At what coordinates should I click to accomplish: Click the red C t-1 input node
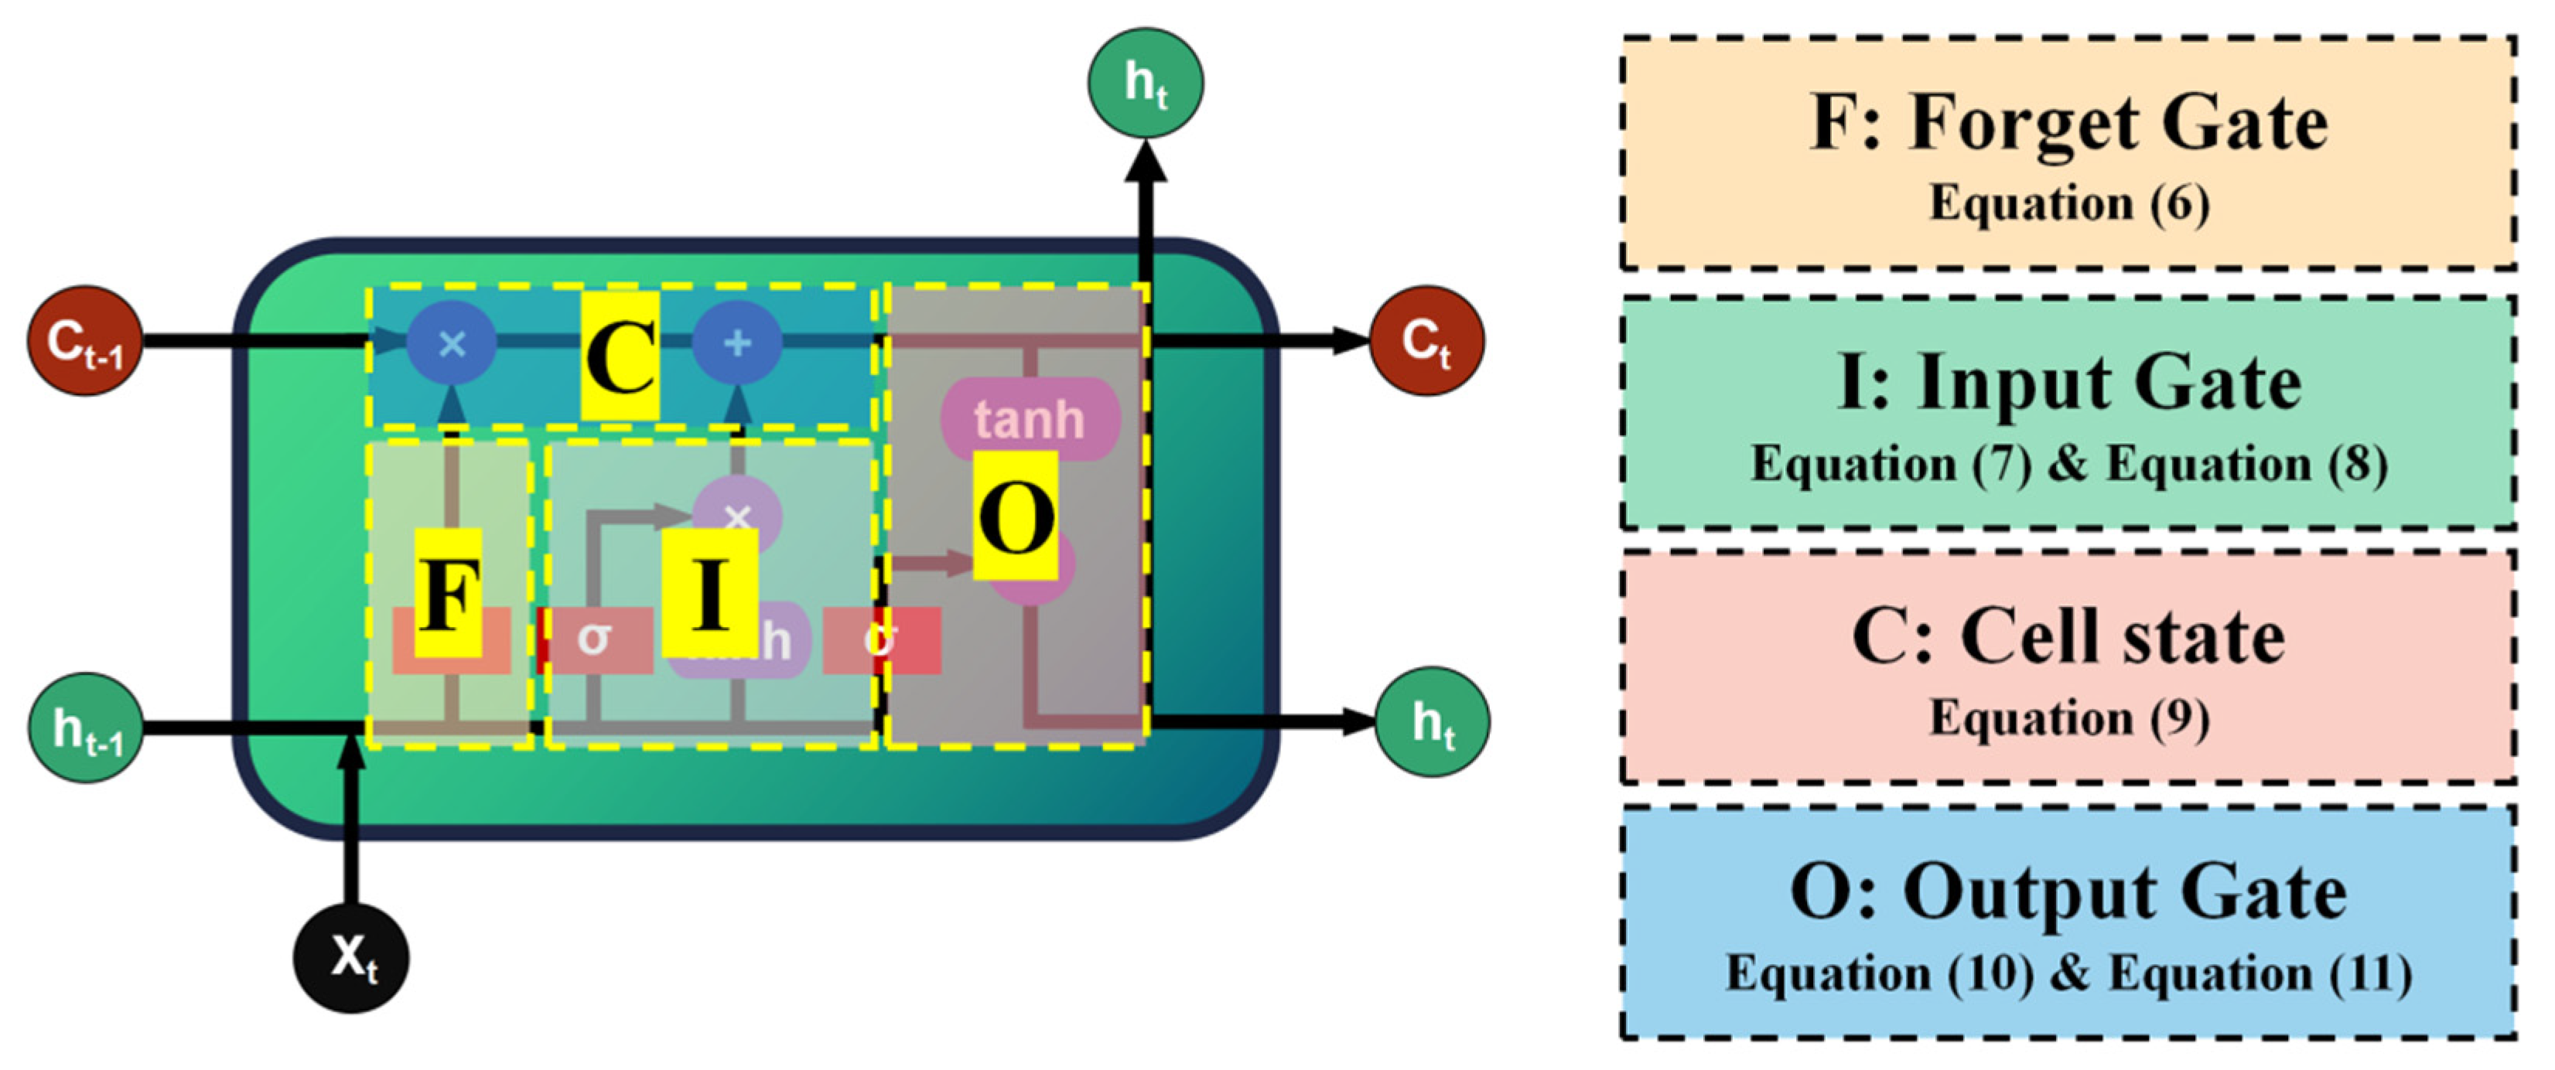coord(84,341)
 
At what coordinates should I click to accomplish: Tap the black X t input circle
coord(351,957)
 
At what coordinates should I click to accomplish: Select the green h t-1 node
coord(85,728)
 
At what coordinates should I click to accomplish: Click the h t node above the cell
coord(1146,82)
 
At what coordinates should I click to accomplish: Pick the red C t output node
coord(1426,341)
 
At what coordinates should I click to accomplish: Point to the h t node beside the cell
coord(1433,722)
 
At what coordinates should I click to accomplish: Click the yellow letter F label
coord(449,593)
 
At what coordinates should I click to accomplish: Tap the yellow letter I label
coord(710,593)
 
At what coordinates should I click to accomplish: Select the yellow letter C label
coord(620,355)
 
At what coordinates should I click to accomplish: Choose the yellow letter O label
coord(1015,516)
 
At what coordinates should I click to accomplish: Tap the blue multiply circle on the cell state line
coord(453,343)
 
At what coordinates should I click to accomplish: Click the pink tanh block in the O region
coord(1030,418)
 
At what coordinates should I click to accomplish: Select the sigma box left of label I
coord(595,639)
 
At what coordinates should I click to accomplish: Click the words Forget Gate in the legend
coord(2119,123)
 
